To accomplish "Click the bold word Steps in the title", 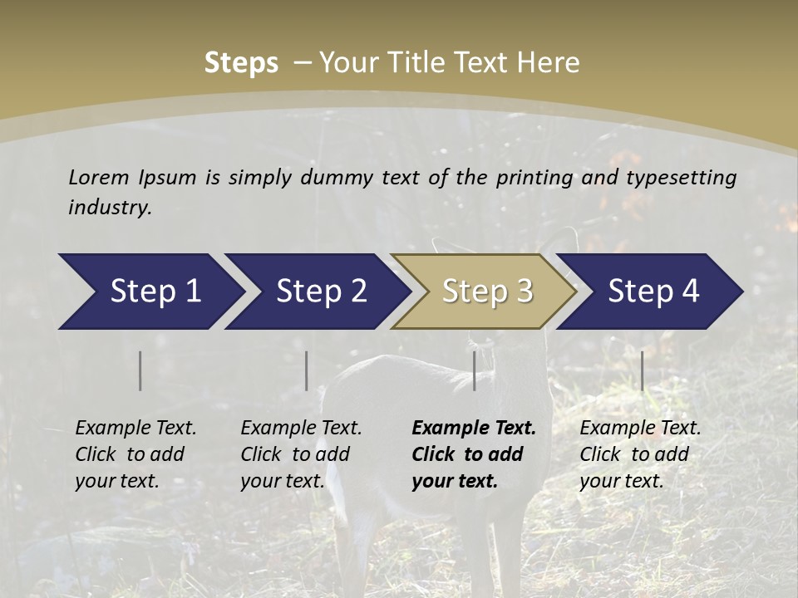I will [x=241, y=63].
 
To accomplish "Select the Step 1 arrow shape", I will [x=150, y=292].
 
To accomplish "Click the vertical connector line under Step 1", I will [x=140, y=370].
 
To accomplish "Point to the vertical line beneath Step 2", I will [x=307, y=370].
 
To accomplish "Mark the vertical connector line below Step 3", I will [x=474, y=370].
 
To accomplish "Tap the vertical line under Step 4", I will [x=642, y=370].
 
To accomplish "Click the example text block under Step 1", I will [x=135, y=454].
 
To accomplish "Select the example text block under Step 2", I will [x=301, y=454].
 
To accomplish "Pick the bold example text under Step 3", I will [x=474, y=454].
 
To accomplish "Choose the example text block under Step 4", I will [x=640, y=454].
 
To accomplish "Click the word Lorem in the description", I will [x=99, y=177].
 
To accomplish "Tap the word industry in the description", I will [x=110, y=208].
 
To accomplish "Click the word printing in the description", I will [x=533, y=178].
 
